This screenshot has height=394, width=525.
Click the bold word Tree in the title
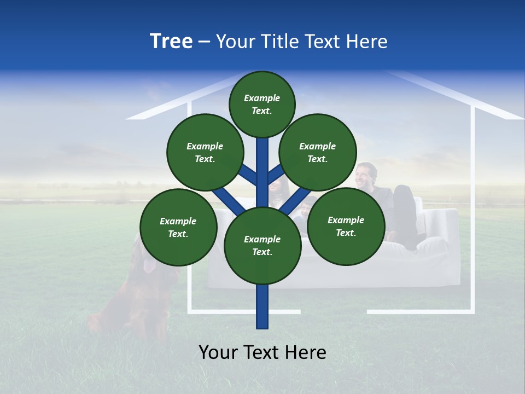click(x=171, y=42)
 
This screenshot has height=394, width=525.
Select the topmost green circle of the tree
click(x=262, y=104)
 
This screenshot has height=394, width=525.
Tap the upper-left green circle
click(x=205, y=152)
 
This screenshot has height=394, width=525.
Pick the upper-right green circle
click(x=318, y=152)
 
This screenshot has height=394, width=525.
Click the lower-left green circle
click(x=178, y=227)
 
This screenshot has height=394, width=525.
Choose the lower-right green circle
click(x=346, y=226)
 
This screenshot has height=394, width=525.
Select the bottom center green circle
click(x=262, y=246)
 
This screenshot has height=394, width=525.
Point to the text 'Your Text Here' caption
click(x=262, y=352)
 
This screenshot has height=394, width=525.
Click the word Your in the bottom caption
click(x=219, y=352)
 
